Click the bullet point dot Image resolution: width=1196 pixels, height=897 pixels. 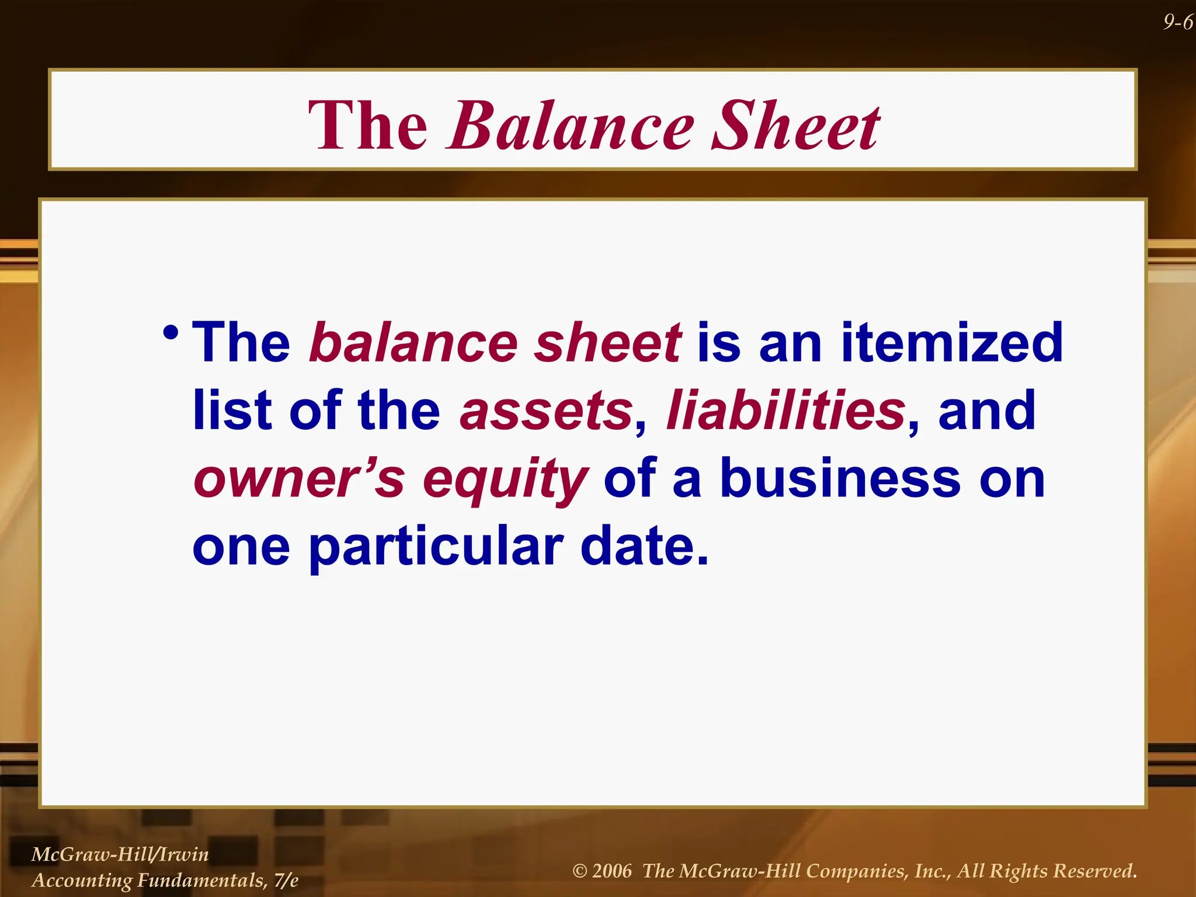pyautogui.click(x=171, y=334)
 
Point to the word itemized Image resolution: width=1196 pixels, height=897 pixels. pyautogui.click(x=951, y=343)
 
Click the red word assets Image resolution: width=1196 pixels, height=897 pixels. pyautogui.click(x=546, y=411)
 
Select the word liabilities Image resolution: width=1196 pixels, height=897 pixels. pyautogui.click(x=786, y=411)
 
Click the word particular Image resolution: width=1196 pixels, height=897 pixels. pyautogui.click(x=435, y=548)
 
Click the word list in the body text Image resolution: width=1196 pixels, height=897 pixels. pyautogui.click(x=232, y=411)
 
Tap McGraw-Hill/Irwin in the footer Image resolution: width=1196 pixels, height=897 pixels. pyautogui.click(x=120, y=854)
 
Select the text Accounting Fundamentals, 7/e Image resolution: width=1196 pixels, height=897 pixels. pyautogui.click(x=165, y=880)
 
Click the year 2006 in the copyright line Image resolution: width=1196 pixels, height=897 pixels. pyautogui.click(x=611, y=871)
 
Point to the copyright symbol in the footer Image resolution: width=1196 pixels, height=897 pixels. pyautogui.click(x=579, y=871)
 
